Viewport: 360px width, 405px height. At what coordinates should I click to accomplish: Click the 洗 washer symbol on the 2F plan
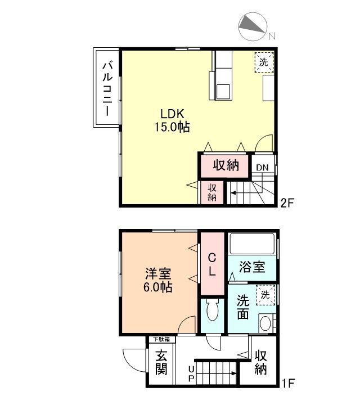(264, 61)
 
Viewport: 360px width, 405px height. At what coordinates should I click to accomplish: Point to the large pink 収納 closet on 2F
(226, 166)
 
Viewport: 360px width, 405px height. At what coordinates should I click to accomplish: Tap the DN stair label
(262, 167)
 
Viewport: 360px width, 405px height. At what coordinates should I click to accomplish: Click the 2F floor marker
(287, 203)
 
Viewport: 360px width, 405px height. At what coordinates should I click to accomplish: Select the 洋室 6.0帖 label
(158, 280)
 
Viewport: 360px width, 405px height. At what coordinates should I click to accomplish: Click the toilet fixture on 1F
(213, 312)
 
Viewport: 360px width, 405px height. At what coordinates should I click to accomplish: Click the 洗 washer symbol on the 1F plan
(264, 294)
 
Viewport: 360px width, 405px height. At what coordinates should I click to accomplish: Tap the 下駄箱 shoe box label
(162, 339)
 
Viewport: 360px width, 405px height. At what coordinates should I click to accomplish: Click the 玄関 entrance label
(161, 362)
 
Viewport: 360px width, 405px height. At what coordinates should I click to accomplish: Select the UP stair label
(191, 373)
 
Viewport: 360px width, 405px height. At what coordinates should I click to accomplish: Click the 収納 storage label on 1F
(260, 363)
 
